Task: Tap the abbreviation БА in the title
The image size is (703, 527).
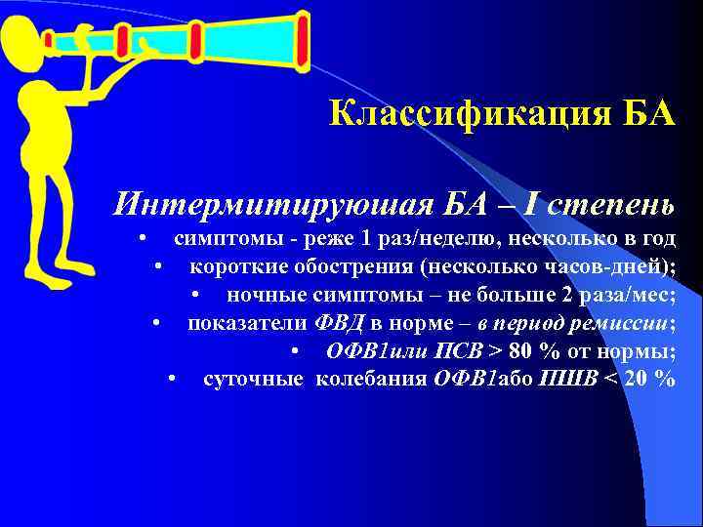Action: click(x=646, y=113)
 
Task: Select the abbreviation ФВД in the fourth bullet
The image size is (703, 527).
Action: click(x=339, y=323)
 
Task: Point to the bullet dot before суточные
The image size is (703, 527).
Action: click(x=172, y=379)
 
